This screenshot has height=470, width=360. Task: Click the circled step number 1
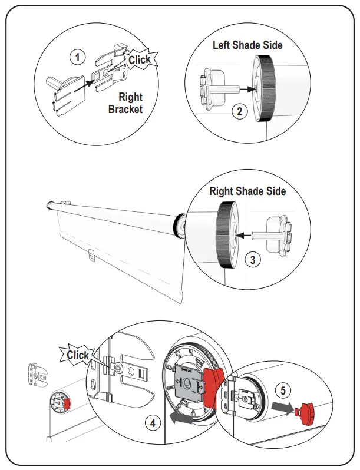pyautogui.click(x=78, y=57)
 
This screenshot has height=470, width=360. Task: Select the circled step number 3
pyautogui.click(x=252, y=260)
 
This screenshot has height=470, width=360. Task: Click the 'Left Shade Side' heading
pyautogui.click(x=247, y=45)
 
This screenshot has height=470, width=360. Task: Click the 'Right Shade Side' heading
pyautogui.click(x=247, y=191)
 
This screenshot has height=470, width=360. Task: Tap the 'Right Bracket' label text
pyautogui.click(x=125, y=103)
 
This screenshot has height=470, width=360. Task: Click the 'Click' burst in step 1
pyautogui.click(x=139, y=59)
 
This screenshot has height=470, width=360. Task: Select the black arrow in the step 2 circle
pyautogui.click(x=249, y=90)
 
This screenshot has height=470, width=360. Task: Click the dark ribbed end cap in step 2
pyautogui.click(x=265, y=88)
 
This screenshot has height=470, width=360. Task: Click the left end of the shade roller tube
pyautogui.click(x=49, y=206)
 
